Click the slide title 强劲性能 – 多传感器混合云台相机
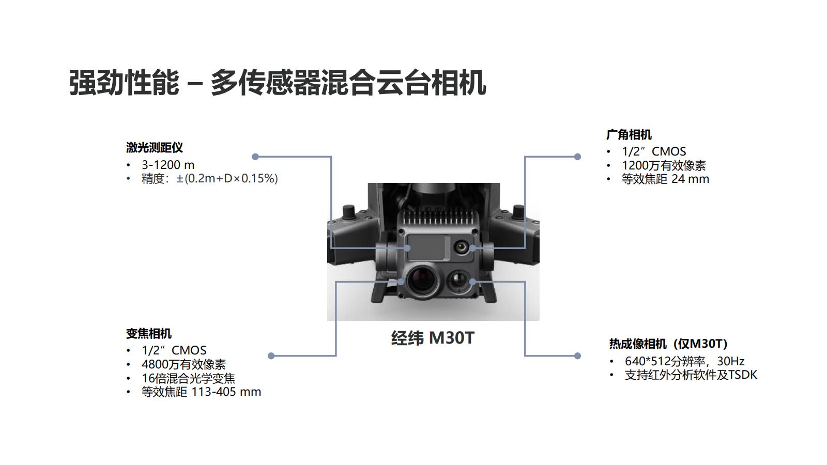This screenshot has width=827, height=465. [277, 83]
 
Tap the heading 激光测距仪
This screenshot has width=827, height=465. [155, 148]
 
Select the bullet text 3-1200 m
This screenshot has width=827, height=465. [168, 165]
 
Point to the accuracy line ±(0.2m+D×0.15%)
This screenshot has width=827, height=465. [227, 179]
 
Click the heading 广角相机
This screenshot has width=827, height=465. [629, 134]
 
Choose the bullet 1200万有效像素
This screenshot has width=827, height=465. [664, 165]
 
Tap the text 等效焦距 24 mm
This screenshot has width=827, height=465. [665, 179]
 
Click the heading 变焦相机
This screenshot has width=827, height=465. [149, 334]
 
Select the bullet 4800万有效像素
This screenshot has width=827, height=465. [183, 364]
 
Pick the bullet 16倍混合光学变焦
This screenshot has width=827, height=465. [188, 378]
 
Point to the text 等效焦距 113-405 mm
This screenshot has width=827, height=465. [201, 392]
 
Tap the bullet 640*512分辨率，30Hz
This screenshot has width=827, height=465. [684, 361]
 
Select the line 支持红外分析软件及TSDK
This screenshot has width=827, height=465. [691, 375]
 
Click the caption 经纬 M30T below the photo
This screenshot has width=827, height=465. [433, 338]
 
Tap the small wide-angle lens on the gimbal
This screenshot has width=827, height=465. [461, 247]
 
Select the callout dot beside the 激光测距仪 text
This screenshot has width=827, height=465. [255, 157]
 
